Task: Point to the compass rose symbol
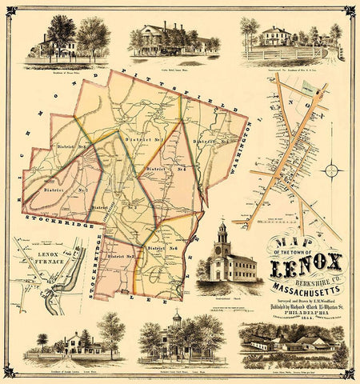click(334, 170)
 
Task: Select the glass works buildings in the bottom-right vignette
click(288, 343)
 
